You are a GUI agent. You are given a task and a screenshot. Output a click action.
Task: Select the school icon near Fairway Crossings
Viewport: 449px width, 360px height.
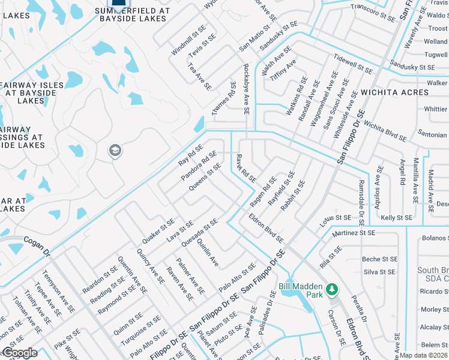(x=115, y=151)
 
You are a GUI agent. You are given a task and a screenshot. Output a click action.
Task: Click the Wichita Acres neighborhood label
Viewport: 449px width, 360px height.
(x=394, y=92)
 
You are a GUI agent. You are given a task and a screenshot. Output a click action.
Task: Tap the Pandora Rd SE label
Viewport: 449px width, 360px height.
(x=199, y=166)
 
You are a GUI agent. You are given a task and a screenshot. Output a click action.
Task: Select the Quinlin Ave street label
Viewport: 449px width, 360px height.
(x=208, y=255)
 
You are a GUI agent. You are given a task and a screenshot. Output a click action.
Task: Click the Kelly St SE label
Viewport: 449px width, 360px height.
(x=396, y=217)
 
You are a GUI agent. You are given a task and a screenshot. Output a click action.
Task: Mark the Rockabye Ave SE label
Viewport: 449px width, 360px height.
(x=246, y=90)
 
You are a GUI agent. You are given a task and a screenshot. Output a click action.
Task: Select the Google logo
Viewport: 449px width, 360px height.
(x=20, y=353)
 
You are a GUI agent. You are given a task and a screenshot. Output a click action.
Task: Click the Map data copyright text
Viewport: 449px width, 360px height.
(x=424, y=355)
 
